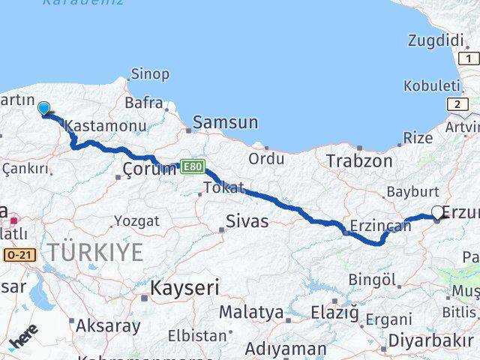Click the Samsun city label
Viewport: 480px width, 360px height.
226,123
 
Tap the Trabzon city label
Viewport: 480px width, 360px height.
359,160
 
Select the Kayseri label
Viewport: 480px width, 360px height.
184,286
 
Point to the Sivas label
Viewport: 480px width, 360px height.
247,221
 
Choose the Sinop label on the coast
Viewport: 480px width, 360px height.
150,74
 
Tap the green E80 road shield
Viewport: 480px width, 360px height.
193,166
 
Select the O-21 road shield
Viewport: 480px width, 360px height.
18,256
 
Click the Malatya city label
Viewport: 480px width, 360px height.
251,312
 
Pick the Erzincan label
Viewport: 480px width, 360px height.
381,225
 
